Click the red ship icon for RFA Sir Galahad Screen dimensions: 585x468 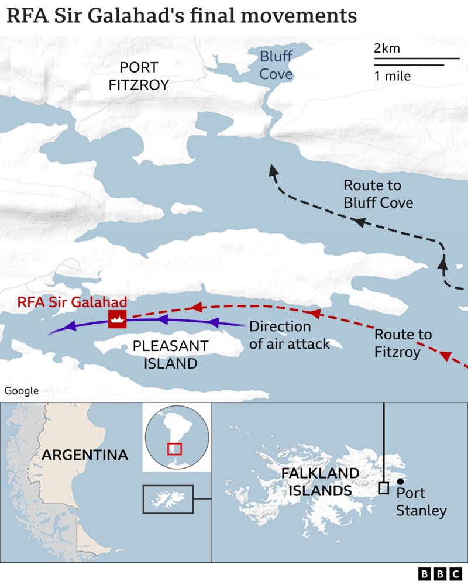118,319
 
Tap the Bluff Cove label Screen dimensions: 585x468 276,66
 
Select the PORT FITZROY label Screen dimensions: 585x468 139,76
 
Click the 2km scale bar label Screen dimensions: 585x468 387,49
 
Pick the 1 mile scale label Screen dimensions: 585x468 393,76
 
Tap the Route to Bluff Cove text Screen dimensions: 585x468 378,194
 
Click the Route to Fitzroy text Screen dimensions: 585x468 402,343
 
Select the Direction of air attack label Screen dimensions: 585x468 289,335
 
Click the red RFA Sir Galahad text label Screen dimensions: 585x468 72,302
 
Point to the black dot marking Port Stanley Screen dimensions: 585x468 400,481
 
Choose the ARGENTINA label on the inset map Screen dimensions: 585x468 84,455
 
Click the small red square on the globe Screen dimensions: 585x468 174,449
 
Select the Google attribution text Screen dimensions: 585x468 21,391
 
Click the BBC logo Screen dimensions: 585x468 439,573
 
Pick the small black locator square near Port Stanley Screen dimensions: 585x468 384,488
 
